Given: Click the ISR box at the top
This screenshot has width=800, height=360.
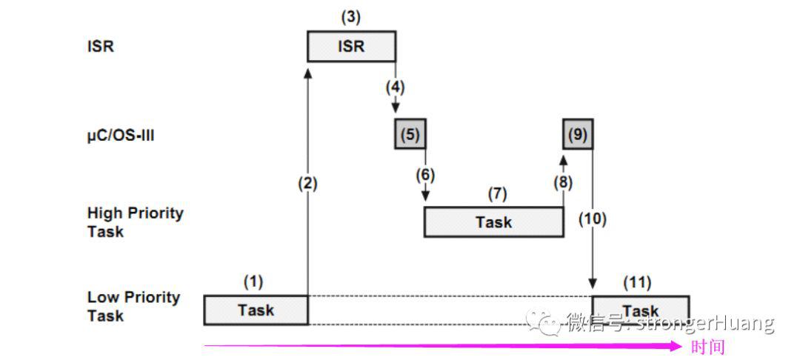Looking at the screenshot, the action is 352,47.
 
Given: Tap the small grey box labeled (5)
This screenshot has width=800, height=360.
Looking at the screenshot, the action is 410,133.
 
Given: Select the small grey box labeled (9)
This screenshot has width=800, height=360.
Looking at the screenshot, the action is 578,133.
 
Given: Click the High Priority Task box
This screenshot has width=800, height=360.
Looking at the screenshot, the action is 494,221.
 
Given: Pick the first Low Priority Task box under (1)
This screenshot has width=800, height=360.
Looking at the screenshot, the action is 256,310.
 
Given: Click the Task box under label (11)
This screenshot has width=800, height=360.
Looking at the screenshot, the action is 640,310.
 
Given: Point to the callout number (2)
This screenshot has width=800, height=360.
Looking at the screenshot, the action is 307,183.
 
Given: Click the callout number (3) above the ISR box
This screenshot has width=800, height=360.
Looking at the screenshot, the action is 351,17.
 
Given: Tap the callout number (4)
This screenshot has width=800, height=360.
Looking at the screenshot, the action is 395,87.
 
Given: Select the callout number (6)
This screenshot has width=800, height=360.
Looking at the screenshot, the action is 425,175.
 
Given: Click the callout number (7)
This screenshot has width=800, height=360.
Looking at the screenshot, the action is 498,194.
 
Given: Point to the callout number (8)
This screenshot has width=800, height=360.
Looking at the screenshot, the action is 563,182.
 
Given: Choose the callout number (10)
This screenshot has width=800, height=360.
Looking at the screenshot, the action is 593,219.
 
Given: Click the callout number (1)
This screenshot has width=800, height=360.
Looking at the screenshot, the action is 253,282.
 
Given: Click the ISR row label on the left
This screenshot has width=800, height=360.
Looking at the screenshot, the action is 101,47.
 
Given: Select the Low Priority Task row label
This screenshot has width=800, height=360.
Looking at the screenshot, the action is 133,307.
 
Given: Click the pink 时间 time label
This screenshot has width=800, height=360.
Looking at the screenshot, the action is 707,347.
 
